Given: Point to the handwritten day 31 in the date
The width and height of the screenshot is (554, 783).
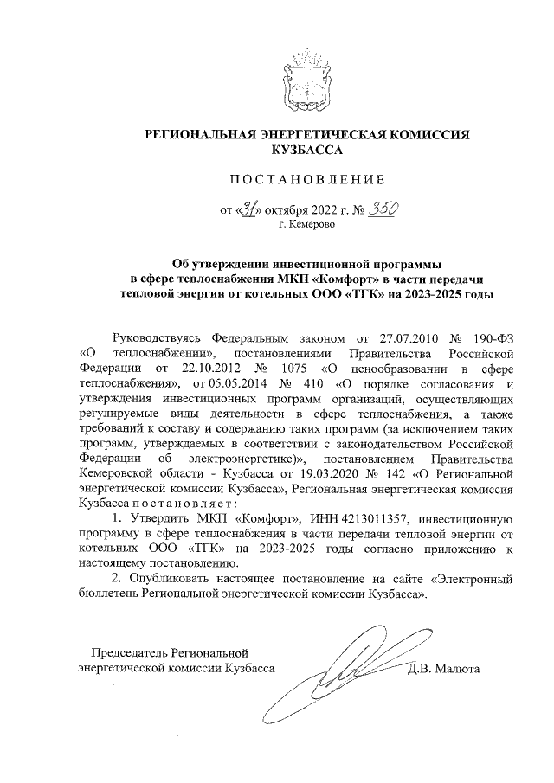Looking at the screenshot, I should pos(248,209).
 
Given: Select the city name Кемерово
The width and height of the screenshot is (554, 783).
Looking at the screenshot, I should pos(312,224).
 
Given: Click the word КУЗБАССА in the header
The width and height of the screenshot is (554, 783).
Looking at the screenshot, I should pos(307,150).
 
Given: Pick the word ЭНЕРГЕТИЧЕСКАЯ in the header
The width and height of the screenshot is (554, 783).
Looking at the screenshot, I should pos(337,135).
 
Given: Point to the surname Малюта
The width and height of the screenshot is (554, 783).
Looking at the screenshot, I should pos(459,668).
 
